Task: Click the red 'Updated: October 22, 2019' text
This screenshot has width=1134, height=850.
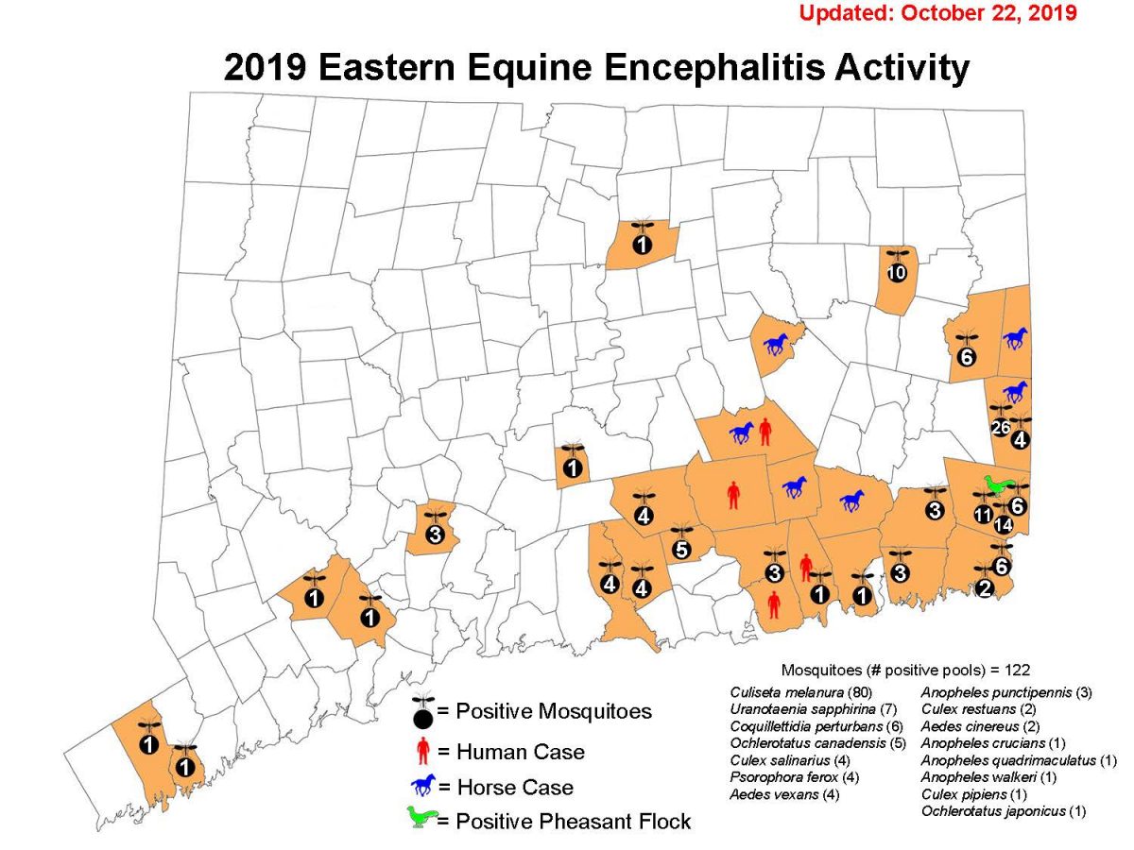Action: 938,14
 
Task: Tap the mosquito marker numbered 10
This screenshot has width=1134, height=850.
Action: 897,273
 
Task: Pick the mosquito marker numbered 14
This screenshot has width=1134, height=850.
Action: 1003,523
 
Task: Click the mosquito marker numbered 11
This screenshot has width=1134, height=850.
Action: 983,515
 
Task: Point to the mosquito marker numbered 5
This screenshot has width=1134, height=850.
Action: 680,549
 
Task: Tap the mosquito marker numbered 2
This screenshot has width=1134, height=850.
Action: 985,589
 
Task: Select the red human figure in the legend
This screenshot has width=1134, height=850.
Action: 422,752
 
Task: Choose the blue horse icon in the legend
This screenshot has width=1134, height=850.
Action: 424,785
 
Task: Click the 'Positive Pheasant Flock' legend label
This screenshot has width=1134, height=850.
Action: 573,821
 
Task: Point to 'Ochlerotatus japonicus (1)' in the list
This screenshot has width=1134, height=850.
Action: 995,811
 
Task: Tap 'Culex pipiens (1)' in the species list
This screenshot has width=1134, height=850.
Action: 971,794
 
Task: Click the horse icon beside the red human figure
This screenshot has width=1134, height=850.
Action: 741,433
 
